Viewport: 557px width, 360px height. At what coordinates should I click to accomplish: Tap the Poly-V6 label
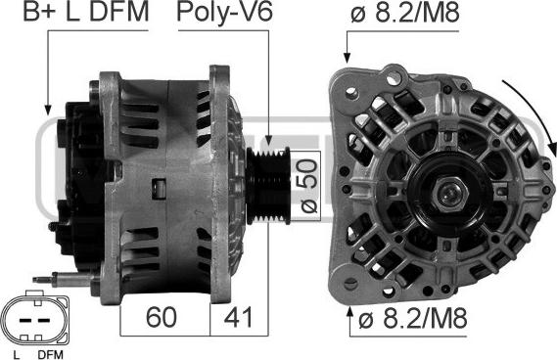point(224,13)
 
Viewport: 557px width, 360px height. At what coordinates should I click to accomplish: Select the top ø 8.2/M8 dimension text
point(405,13)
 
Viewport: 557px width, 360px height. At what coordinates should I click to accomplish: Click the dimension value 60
point(161,317)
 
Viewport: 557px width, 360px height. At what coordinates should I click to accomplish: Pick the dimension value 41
point(238,317)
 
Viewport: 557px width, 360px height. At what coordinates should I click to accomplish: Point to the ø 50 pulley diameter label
point(307,186)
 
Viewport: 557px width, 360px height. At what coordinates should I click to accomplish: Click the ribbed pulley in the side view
point(268,185)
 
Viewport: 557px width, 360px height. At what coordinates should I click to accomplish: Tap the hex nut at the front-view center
point(448,195)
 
